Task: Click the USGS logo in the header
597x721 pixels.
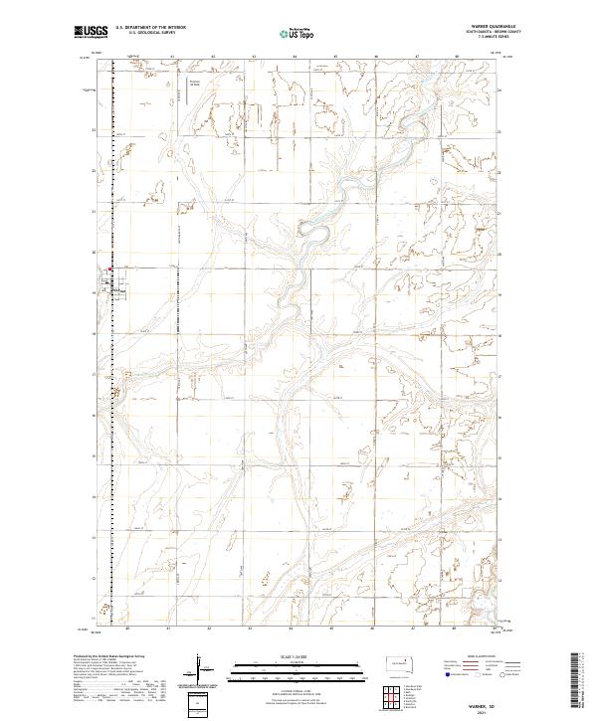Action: (90, 32)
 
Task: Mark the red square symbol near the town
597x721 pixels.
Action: (110, 268)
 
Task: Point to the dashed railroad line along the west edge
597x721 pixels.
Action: (111, 448)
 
